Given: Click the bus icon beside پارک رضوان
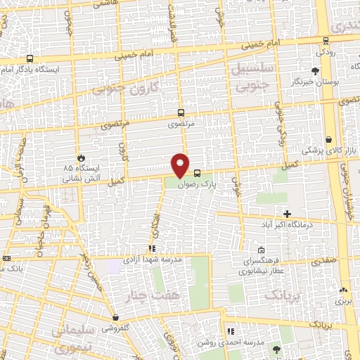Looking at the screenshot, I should [x=197, y=173].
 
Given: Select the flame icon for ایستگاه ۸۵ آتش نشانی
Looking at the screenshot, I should [x=82, y=157].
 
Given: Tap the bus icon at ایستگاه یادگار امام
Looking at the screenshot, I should [x=30, y=59].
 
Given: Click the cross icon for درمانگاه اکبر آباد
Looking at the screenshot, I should [x=286, y=213].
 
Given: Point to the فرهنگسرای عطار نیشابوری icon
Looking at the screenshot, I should [x=261, y=250].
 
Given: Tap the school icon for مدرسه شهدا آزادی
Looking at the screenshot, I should [x=152, y=248].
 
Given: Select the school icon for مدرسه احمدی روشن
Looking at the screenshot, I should [x=229, y=330].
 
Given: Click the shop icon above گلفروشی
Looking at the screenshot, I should [x=114, y=317].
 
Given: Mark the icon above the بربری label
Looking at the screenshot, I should [x=343, y=290].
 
